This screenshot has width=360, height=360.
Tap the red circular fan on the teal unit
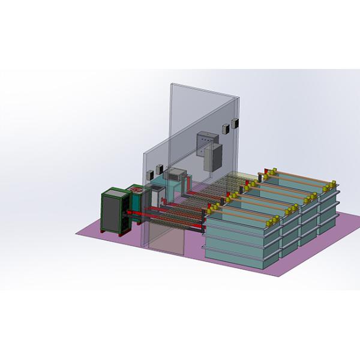136,190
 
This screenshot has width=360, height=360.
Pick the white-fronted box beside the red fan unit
154,195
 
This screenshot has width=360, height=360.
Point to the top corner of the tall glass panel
171,84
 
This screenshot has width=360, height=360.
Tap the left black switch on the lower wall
159,169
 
